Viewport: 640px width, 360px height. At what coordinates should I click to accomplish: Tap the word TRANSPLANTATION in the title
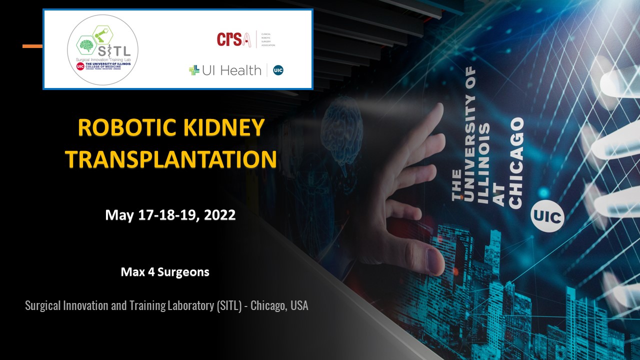pyautogui.click(x=171, y=158)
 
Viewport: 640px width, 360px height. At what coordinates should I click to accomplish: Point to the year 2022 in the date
pyautogui.click(x=216, y=215)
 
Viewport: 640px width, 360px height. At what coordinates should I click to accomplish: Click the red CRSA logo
pyautogui.click(x=233, y=39)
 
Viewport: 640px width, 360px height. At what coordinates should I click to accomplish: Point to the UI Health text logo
pyautogui.click(x=231, y=70)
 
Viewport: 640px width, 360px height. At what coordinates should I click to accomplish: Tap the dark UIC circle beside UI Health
pyautogui.click(x=278, y=70)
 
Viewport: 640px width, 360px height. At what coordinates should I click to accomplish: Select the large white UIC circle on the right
pyautogui.click(x=547, y=216)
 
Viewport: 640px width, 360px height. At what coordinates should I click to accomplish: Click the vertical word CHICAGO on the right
pyautogui.click(x=515, y=163)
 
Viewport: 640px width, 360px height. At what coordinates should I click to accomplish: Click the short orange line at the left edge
pyautogui.click(x=32, y=46)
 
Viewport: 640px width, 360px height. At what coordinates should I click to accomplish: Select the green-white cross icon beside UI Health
pyautogui.click(x=194, y=70)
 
